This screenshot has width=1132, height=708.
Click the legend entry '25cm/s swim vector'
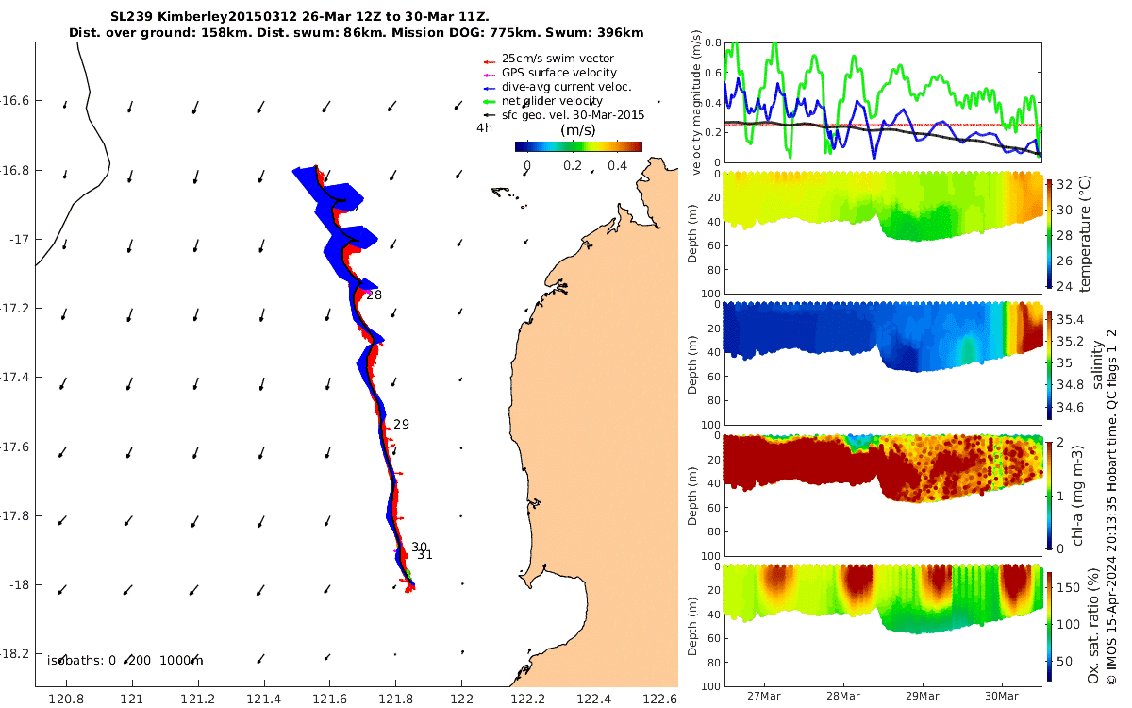(558, 59)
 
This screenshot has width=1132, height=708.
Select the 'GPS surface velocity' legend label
(558, 73)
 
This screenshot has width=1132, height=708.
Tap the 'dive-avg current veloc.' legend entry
(567, 87)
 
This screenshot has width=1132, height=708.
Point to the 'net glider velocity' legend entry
(552, 101)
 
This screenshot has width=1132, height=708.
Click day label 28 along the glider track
(374, 295)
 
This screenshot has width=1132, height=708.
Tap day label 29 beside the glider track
(401, 424)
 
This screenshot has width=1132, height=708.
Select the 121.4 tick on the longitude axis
(263, 699)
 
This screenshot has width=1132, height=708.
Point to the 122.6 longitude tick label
(659, 699)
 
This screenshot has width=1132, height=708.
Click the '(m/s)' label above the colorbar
(578, 130)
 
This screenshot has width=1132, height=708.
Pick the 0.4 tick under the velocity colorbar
(618, 166)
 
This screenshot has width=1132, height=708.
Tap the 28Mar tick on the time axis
(843, 696)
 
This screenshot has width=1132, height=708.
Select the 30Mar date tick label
(1002, 696)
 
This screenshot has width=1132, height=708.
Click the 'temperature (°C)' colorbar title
(1085, 234)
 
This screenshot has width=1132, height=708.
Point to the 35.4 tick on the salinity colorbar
(1071, 320)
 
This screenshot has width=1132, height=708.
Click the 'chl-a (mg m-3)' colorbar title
(1077, 496)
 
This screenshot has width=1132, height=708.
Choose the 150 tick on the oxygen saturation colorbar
(1068, 587)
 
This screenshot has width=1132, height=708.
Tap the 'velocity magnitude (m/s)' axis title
(696, 103)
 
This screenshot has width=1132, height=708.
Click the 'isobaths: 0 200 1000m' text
(125, 661)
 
